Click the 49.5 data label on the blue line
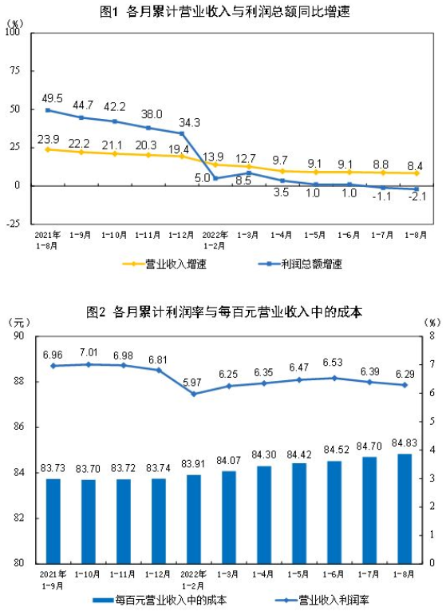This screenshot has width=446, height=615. pyautogui.click(x=49, y=97)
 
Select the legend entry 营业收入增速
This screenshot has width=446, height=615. pyautogui.click(x=164, y=264)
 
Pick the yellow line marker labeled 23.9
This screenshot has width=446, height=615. pyautogui.click(x=48, y=149)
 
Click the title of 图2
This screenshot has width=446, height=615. pyautogui.click(x=224, y=311)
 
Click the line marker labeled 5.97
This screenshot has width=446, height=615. pyautogui.click(x=194, y=394)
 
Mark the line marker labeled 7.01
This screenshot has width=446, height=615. pyautogui.click(x=89, y=364)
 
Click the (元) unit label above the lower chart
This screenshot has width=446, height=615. pyautogui.click(x=19, y=322)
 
